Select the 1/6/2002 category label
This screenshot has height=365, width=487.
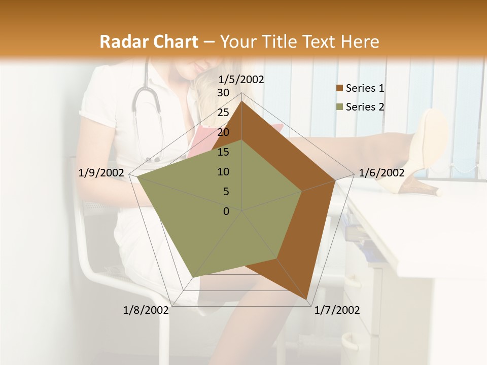click(x=381, y=173)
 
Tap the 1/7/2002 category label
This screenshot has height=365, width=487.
click(x=337, y=310)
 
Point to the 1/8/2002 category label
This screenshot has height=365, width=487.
click(x=146, y=310)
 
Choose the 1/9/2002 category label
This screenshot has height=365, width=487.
click(x=101, y=173)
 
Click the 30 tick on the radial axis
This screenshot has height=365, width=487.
click(x=223, y=93)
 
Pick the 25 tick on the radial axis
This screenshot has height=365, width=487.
click(x=223, y=113)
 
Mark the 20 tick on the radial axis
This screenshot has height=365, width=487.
click(x=223, y=132)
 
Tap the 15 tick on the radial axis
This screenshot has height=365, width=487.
click(x=223, y=152)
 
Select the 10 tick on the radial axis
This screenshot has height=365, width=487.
click(x=223, y=172)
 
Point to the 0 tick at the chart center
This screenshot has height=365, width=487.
click(x=226, y=211)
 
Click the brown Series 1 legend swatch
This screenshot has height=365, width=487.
click(x=339, y=89)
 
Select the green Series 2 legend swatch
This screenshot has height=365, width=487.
click(x=339, y=107)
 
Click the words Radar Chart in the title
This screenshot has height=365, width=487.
click(x=149, y=42)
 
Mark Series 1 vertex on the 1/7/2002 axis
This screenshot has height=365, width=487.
click(x=307, y=300)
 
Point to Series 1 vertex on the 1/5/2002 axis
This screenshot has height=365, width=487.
click(x=242, y=101)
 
